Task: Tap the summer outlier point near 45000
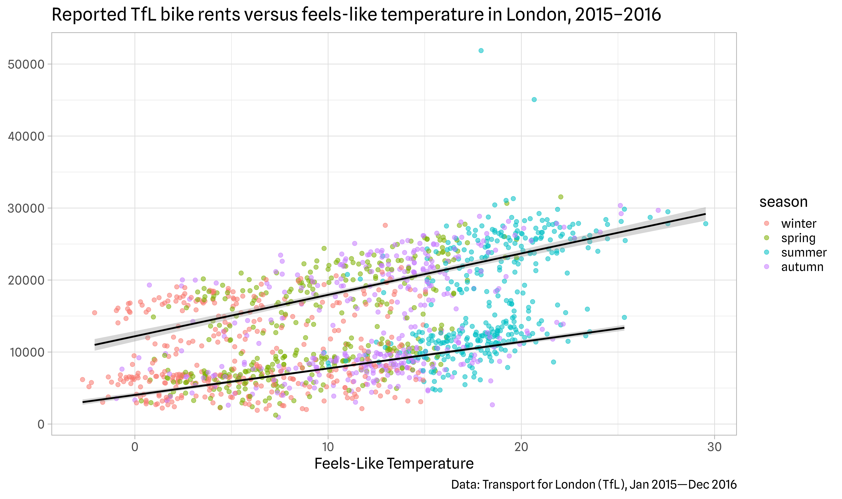click(x=534, y=99)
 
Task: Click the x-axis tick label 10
click(x=328, y=447)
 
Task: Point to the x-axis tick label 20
click(x=521, y=447)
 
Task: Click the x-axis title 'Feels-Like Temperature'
click(x=394, y=464)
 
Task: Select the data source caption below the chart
click(x=594, y=485)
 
